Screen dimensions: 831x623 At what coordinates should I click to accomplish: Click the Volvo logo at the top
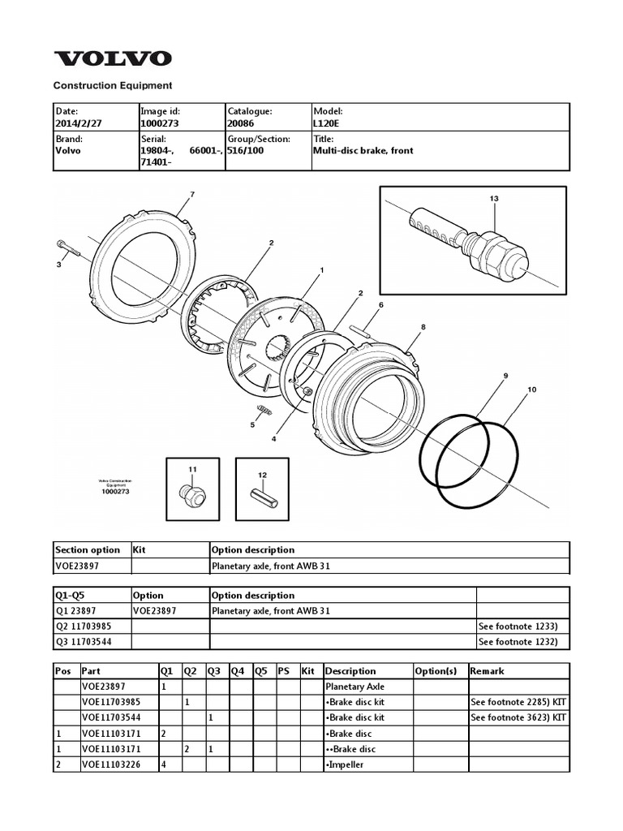pyautogui.click(x=113, y=58)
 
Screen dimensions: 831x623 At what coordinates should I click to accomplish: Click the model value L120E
pyautogui.click(x=326, y=123)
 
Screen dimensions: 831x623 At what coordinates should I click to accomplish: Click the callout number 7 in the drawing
pyautogui.click(x=192, y=195)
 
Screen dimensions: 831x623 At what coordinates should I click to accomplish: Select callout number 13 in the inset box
pyautogui.click(x=493, y=199)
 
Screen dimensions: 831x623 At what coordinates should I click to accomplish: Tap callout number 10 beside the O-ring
pyautogui.click(x=532, y=390)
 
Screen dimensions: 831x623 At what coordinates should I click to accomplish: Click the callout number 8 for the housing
pyautogui.click(x=423, y=327)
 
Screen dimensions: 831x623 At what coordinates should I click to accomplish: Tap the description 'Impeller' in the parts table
pyautogui.click(x=345, y=764)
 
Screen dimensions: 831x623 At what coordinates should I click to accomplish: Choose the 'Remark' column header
pyautogui.click(x=487, y=671)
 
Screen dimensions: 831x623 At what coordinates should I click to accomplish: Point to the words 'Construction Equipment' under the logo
pyautogui.click(x=113, y=85)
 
